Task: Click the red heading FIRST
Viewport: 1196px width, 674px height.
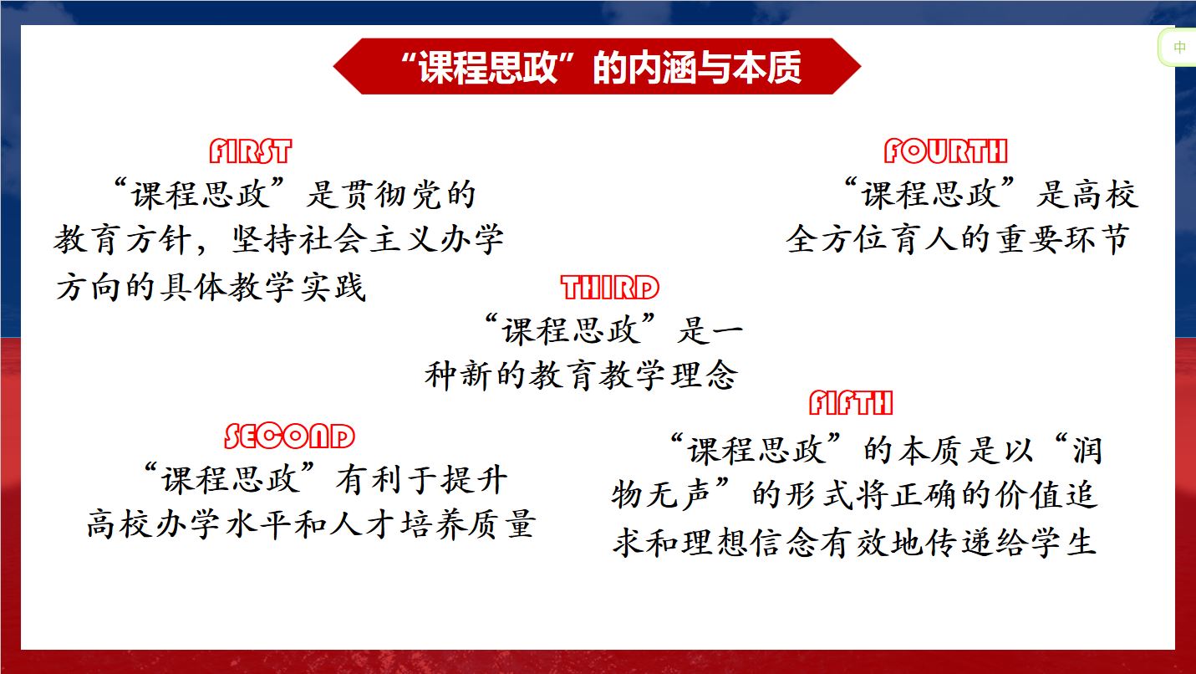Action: coord(251,151)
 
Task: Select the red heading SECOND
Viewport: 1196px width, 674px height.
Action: coord(289,436)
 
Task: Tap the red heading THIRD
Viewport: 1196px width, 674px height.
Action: coord(610,288)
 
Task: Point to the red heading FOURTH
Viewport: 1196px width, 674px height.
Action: coord(945,151)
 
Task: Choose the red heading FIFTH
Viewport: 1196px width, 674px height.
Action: coord(851,403)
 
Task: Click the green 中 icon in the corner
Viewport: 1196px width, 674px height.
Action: coord(1179,48)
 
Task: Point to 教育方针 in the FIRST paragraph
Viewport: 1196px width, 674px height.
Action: coord(123,238)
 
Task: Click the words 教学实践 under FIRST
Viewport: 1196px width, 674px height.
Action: coord(298,287)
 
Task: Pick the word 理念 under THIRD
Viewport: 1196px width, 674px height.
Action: coord(705,375)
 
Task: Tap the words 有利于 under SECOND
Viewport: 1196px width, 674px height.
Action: coord(386,479)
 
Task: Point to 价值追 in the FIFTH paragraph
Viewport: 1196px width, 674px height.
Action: coord(1047,494)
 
